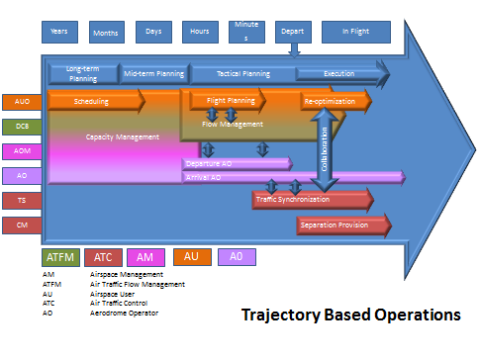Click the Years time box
pos(59,33)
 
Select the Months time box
pos(107,33)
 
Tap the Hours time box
pos(201,33)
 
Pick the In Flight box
pos(356,33)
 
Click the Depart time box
pos(293,33)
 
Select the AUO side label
pos(21,102)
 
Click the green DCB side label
pos(21,127)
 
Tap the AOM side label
pos(21,151)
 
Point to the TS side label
pos(21,201)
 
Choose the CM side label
pos(21,225)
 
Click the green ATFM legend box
pos(59,257)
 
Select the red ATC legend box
pos(104,257)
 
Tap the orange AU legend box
pos(192,257)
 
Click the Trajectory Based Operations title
pos(351,315)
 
